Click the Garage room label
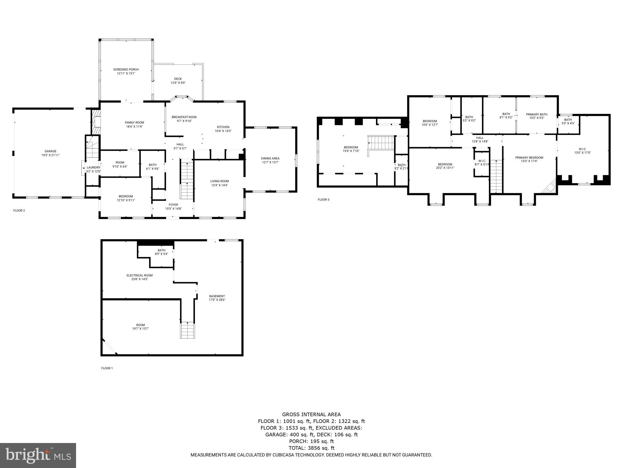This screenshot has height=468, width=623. coord(50,151)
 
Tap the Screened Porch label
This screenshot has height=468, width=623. coord(126,69)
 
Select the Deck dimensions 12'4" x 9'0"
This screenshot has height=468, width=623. coord(178,83)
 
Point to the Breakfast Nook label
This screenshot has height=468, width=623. coord(184,117)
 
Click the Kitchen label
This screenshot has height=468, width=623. coord(223,127)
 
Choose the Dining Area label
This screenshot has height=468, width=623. coord(270,158)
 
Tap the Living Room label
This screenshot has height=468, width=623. coord(219,181)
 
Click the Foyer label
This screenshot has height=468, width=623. coord(173,205)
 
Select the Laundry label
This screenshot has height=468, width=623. coord(93,168)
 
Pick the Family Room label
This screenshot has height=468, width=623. coord(134,122)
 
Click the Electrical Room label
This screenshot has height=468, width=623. coord(140,275)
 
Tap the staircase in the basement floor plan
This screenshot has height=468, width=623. coord(188,330)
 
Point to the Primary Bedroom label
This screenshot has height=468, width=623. coord(529,158)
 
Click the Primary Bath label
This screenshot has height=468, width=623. coord(537,114)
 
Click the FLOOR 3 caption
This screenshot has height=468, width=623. coord(323,200)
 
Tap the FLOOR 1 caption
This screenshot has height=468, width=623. coord(107,368)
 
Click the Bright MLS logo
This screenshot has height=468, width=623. coord(38,455)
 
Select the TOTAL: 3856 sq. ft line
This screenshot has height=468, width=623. coord(311,448)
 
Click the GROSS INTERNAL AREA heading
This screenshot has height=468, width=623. coord(311,414)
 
